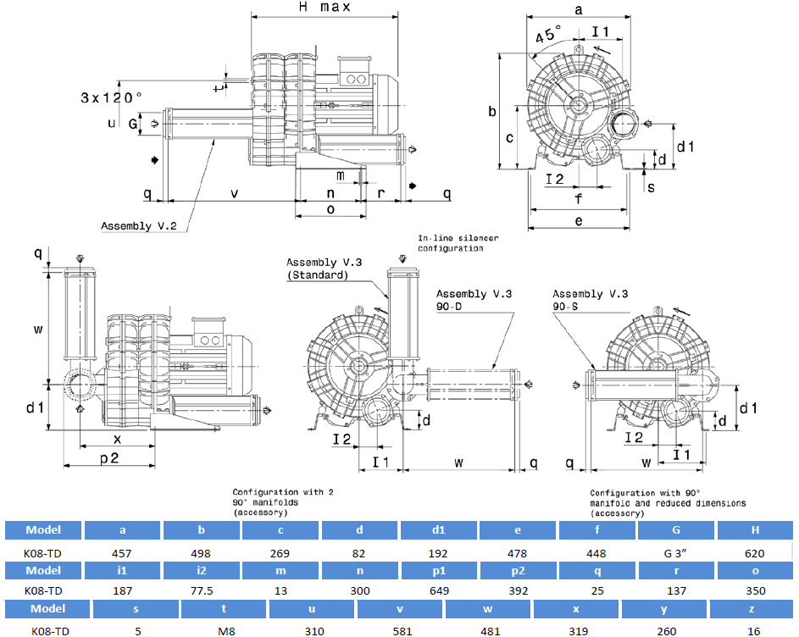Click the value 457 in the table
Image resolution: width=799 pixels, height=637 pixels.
(x=123, y=553)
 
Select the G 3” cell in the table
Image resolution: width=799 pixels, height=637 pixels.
(x=676, y=553)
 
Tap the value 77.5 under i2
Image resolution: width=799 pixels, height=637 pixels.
(x=202, y=590)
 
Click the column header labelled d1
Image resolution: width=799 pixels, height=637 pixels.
(x=439, y=530)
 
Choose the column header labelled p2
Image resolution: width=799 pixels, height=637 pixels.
(x=518, y=569)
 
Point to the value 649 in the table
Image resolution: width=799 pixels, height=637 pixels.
(x=439, y=590)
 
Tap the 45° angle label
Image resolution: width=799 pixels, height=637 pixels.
(x=548, y=36)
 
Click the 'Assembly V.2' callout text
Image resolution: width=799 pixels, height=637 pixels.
(x=139, y=226)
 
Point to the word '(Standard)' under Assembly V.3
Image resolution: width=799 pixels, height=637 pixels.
(x=318, y=275)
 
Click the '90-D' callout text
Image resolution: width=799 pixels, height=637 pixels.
(x=451, y=307)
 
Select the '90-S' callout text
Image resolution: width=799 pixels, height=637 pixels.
(x=566, y=307)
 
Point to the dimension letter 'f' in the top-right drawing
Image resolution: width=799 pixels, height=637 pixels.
(x=579, y=200)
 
